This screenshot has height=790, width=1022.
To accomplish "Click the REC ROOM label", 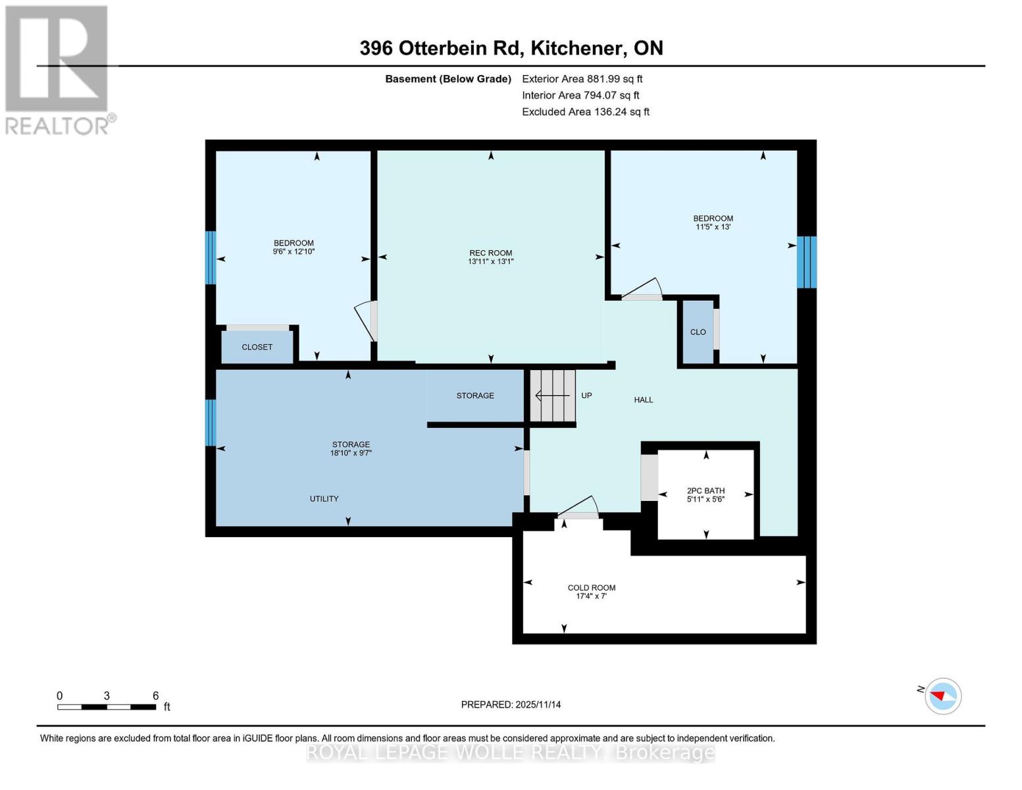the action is pyautogui.click(x=490, y=253).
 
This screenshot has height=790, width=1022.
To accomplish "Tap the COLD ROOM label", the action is pyautogui.click(x=591, y=588).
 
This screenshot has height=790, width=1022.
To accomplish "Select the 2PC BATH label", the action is pyautogui.click(x=705, y=490).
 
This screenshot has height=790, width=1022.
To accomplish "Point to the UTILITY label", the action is pyautogui.click(x=324, y=499).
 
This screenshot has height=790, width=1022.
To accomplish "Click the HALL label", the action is pyautogui.click(x=644, y=400).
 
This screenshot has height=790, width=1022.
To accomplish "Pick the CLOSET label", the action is pyautogui.click(x=257, y=347).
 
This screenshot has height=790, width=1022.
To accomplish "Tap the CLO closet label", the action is pyautogui.click(x=698, y=332).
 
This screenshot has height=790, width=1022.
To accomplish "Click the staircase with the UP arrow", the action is pyautogui.click(x=553, y=396).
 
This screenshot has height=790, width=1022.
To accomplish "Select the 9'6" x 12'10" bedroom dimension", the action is pyautogui.click(x=294, y=251).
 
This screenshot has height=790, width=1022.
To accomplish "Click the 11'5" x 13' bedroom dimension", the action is pyautogui.click(x=713, y=226).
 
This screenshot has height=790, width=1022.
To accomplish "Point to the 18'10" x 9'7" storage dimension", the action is pyautogui.click(x=351, y=453).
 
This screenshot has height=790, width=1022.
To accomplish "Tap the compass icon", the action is pyautogui.click(x=943, y=697).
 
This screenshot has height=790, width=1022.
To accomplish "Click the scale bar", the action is pyautogui.click(x=107, y=707).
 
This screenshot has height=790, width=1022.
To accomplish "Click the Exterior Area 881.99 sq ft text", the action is pyautogui.click(x=582, y=79).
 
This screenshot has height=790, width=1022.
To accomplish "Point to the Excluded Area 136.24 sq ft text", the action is pyautogui.click(x=586, y=112).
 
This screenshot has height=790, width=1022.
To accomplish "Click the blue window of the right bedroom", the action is pyautogui.click(x=807, y=262).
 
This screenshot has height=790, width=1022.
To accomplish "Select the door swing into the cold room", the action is pyautogui.click(x=577, y=508).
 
